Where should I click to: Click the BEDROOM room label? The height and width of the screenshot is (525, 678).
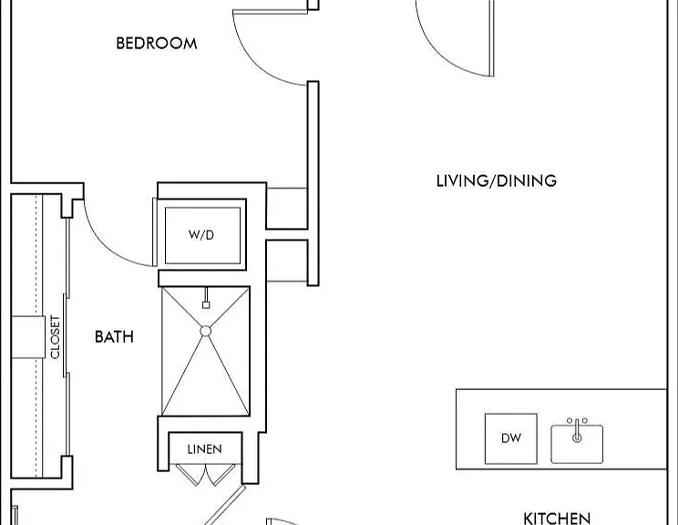[x=157, y=43]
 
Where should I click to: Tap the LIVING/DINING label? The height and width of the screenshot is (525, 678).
[x=497, y=180]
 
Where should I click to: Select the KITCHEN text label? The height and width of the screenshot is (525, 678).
[x=557, y=518]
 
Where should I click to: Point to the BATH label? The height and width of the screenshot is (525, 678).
[x=114, y=337]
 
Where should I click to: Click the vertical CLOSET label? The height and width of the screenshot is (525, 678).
[x=55, y=337]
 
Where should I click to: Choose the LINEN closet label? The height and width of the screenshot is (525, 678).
[x=204, y=449]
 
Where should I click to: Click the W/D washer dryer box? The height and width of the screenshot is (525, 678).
[x=202, y=235]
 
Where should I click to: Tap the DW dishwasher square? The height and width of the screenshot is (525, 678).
[x=511, y=438]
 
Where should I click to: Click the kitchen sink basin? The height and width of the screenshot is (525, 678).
[x=577, y=444]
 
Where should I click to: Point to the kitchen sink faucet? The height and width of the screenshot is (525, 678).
[x=577, y=430]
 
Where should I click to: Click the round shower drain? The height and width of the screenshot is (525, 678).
[x=206, y=331]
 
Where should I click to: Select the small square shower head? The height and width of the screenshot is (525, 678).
[x=206, y=304]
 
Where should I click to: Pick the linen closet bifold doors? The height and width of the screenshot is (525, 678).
[x=206, y=475]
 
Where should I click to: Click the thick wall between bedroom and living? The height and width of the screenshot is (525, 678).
[x=313, y=183]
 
